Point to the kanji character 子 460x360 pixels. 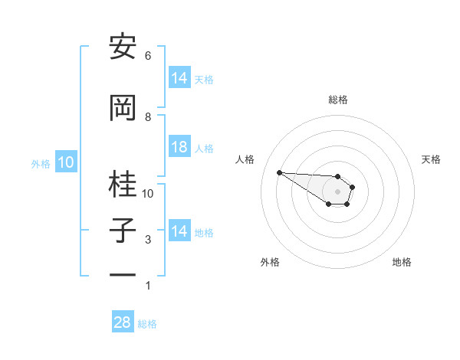click(x=123, y=231)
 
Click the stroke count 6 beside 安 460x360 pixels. click(x=148, y=55)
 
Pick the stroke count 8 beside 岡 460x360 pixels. click(x=148, y=116)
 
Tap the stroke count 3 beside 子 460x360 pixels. click(x=148, y=240)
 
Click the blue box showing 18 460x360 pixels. click(x=179, y=148)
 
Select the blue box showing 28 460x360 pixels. click(x=123, y=322)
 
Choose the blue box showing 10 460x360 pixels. click(x=66, y=162)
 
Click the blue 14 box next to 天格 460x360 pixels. click(x=179, y=78)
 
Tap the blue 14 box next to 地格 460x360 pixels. click(x=179, y=231)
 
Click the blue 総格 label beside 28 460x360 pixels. click(x=147, y=324)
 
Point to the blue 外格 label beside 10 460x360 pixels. click(x=41, y=163)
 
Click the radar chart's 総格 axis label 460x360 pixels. click(x=338, y=100)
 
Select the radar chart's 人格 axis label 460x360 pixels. click(x=245, y=159)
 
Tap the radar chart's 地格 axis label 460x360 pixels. click(x=402, y=262)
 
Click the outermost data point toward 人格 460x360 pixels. click(x=279, y=172)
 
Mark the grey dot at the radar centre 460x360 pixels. click(x=337, y=191)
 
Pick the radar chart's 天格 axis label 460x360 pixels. click(x=432, y=159)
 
